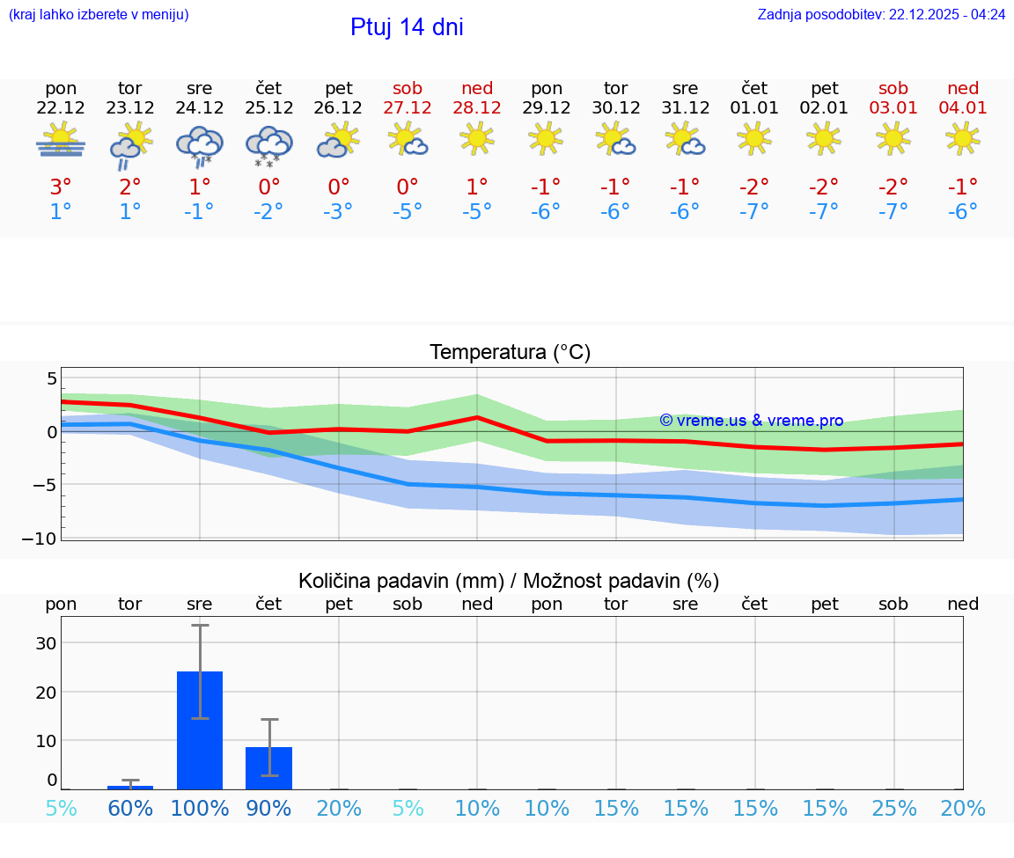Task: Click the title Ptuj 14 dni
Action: [x=407, y=27]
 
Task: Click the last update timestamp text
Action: [x=881, y=15]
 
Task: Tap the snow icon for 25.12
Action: [x=268, y=145]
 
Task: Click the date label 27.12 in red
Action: [x=408, y=108]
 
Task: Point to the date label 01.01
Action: [x=754, y=108]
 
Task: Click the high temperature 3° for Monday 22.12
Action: [x=61, y=187]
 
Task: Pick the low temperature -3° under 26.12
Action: [x=338, y=211]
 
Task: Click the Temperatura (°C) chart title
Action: [x=510, y=353]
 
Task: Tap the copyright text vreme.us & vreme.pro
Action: [x=751, y=421]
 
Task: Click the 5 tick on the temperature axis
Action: [x=51, y=379]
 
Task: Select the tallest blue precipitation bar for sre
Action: [x=200, y=730]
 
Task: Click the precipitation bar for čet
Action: [x=268, y=768]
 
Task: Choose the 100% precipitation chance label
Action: [x=200, y=809]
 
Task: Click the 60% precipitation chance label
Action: [x=130, y=809]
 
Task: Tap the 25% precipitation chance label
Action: [x=894, y=809]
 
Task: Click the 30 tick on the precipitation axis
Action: [x=46, y=643]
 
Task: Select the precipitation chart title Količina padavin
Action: [x=509, y=581]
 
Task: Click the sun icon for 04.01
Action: [x=962, y=138]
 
